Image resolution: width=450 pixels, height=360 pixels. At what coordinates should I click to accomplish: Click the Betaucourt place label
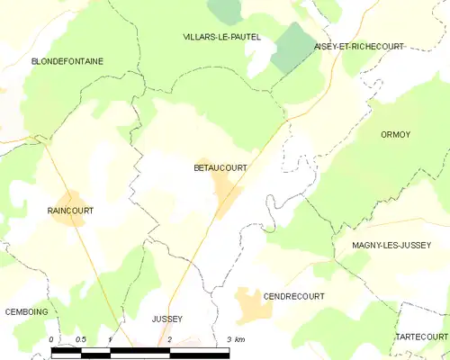click(220, 167)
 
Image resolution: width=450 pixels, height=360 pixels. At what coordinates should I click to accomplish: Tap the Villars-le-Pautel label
click(221, 37)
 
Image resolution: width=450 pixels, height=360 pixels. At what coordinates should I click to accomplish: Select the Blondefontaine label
click(67, 61)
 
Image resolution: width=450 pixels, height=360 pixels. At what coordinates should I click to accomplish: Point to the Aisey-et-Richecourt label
click(359, 46)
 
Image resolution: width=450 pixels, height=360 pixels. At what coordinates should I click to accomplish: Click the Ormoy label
click(396, 134)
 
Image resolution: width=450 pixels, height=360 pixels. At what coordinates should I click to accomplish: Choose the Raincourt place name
click(70, 211)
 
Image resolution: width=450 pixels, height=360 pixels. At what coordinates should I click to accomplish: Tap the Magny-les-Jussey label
click(391, 244)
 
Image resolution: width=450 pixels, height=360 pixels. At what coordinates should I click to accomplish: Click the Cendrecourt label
click(293, 295)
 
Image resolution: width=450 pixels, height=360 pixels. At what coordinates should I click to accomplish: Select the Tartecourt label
click(421, 336)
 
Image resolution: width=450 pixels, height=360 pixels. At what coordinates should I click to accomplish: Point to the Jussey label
click(167, 319)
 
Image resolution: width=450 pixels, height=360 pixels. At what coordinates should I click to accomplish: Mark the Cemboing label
click(27, 311)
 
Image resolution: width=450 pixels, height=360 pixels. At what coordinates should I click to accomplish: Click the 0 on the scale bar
click(51, 339)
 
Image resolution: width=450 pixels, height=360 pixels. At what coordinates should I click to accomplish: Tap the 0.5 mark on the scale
click(80, 339)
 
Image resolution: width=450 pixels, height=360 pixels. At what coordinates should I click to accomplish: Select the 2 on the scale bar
click(169, 339)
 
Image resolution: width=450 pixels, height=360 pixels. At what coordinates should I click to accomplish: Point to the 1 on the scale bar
click(109, 339)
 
